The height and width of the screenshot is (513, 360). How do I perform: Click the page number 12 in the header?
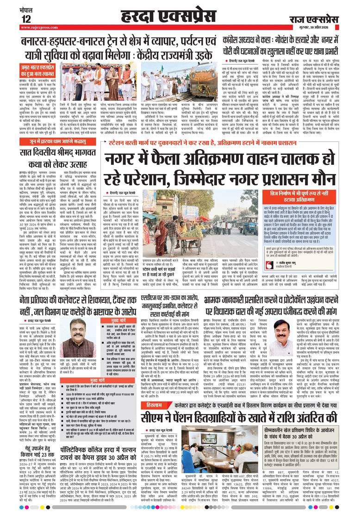pos(25,19)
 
